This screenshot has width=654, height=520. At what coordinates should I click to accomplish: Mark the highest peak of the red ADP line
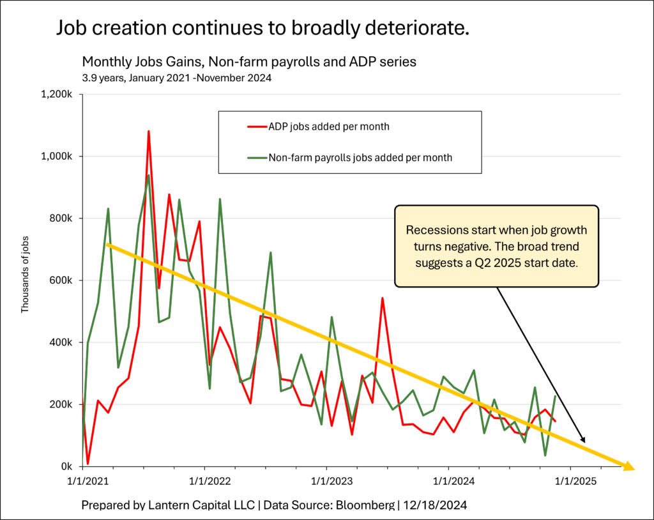149,132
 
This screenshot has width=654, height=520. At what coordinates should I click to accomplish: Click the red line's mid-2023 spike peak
382,298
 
